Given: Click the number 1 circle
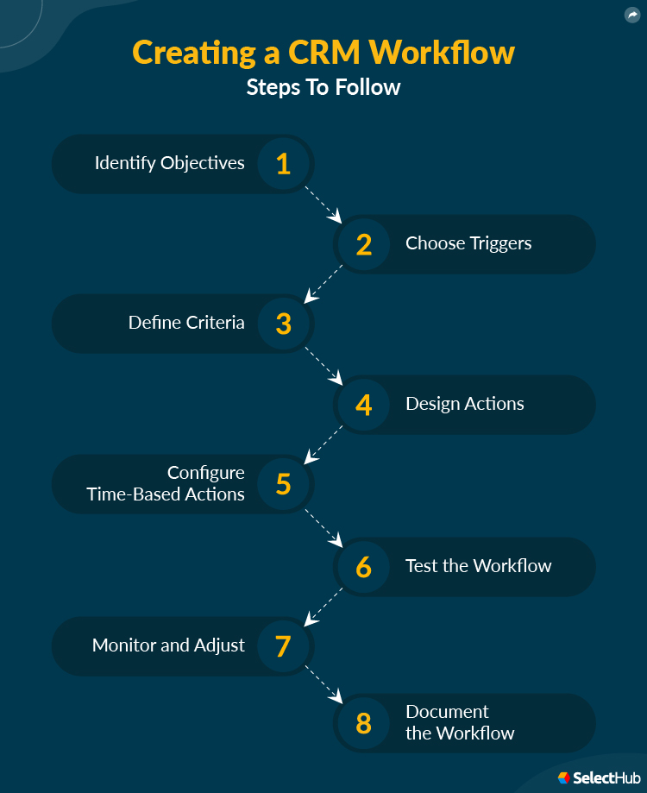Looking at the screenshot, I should [x=284, y=163].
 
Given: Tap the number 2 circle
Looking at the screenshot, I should [x=363, y=244].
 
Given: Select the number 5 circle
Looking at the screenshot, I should [x=284, y=484].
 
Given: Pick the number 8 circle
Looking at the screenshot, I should [x=363, y=723].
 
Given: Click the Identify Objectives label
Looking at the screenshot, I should [x=170, y=163].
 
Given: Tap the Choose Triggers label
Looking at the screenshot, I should [x=468, y=243].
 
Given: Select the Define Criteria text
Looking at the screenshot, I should [x=186, y=324].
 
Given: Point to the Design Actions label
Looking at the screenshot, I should [x=465, y=404].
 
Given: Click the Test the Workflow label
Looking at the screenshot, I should [x=479, y=566].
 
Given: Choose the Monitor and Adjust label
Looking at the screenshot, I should [x=168, y=645].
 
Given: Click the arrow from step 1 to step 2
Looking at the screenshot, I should [x=323, y=204].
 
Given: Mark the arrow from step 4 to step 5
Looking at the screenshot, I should [x=323, y=444].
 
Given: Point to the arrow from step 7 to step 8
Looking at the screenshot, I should [x=323, y=684].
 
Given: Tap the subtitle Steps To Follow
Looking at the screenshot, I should [x=323, y=87].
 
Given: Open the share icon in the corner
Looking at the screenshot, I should [x=633, y=15].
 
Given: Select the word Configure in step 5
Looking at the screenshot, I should [x=206, y=473].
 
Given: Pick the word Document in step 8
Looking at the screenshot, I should [x=447, y=712].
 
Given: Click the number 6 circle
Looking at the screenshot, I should [x=363, y=567].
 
